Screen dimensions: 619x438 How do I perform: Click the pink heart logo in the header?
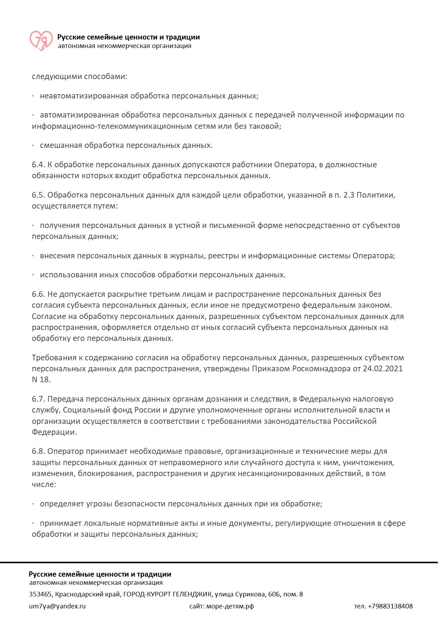pos(41,40)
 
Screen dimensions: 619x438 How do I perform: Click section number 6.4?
pos(38,165)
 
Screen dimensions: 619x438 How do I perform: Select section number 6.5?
pos(38,195)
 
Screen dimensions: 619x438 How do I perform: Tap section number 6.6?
pos(38,294)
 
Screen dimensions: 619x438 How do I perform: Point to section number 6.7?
pos(38,399)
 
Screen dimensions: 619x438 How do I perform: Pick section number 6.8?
pos(38,451)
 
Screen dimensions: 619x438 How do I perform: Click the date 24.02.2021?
pos(383,369)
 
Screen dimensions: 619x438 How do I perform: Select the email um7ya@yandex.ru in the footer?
pos(58,606)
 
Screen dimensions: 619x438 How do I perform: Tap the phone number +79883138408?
pos(390,606)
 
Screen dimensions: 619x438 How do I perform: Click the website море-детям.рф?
pos(230,606)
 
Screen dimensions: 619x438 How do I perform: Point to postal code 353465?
pos(41,594)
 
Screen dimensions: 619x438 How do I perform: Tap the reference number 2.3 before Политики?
pos(349,195)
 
